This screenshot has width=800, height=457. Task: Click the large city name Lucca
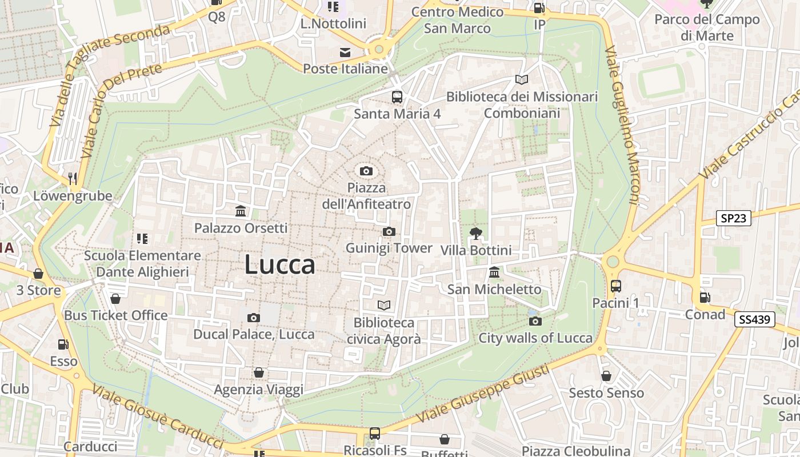(x=279, y=265)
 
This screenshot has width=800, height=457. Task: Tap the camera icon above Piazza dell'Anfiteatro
(x=366, y=171)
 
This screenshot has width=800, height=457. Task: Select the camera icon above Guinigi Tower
(x=389, y=231)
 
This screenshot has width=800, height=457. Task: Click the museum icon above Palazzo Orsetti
(x=241, y=211)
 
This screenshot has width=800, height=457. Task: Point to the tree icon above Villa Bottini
(x=475, y=233)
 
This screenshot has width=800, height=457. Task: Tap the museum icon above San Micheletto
(x=494, y=272)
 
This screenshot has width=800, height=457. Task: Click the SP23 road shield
(x=734, y=218)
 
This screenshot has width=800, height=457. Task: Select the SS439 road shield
(x=754, y=320)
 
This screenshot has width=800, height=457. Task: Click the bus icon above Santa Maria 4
(x=397, y=97)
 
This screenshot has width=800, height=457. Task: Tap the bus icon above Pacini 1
(x=616, y=286)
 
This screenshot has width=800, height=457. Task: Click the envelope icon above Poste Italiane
(x=345, y=53)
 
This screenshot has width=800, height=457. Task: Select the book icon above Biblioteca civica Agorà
(x=384, y=306)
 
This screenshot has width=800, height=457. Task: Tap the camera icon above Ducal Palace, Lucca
(x=254, y=318)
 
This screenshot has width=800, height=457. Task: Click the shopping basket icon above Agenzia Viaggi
(x=259, y=373)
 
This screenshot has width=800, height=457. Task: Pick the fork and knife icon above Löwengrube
(x=73, y=179)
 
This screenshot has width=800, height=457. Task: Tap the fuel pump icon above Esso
(x=63, y=344)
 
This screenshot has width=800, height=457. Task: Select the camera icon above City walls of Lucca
(x=535, y=321)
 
